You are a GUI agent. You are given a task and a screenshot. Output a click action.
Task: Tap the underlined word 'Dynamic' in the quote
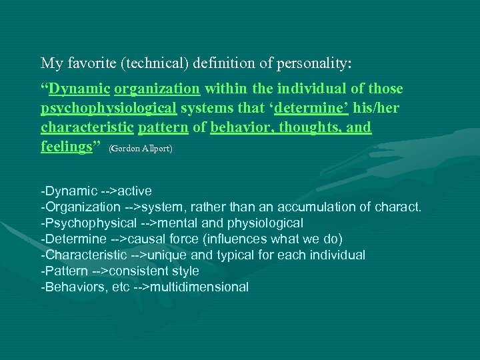(x=79, y=89)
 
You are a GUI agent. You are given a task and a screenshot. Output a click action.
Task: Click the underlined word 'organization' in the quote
(x=157, y=89)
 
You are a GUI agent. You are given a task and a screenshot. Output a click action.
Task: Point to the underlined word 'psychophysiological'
(x=109, y=108)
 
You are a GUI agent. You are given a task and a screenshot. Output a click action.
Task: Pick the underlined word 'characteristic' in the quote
(x=87, y=127)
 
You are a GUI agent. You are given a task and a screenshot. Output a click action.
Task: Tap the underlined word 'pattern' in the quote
(x=163, y=127)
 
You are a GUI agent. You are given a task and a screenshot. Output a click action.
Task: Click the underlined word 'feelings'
(x=66, y=146)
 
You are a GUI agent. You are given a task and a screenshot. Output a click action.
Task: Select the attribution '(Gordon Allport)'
(x=140, y=149)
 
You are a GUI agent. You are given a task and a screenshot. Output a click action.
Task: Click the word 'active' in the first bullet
(x=135, y=191)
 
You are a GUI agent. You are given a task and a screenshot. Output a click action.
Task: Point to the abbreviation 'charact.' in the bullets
(x=399, y=207)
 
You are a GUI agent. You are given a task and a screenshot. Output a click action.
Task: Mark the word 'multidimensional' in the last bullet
(x=199, y=287)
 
